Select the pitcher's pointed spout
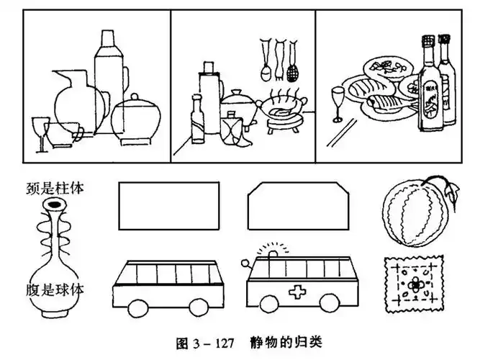pyautogui.click(x=55, y=74)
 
